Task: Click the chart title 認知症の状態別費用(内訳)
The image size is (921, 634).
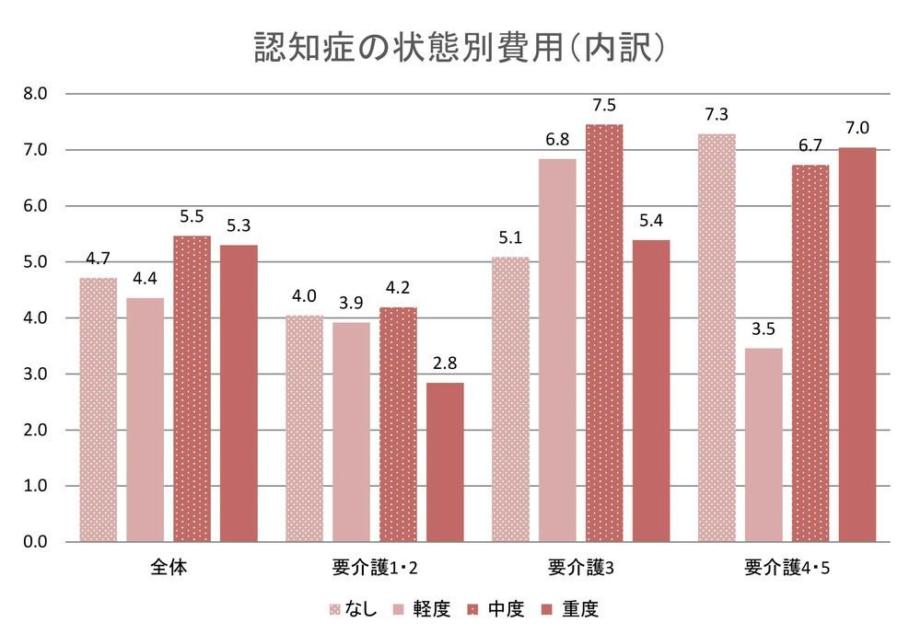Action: [459, 48]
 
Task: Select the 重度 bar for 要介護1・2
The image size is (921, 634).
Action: [445, 462]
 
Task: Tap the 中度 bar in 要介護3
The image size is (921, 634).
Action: [604, 333]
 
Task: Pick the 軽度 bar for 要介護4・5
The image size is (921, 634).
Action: [764, 444]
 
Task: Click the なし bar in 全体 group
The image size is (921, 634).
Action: [98, 409]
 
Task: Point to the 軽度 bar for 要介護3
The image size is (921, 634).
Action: [557, 351]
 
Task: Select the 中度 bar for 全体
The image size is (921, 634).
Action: [192, 388]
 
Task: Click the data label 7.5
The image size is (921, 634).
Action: [604, 104]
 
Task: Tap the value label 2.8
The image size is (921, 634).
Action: [445, 363]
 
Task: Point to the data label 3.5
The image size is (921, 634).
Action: [764, 329]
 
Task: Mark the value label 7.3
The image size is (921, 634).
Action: [717, 114]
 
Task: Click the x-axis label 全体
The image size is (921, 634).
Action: [169, 567]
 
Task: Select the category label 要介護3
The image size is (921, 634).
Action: [580, 567]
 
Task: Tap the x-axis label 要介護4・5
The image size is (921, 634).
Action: [787, 567]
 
